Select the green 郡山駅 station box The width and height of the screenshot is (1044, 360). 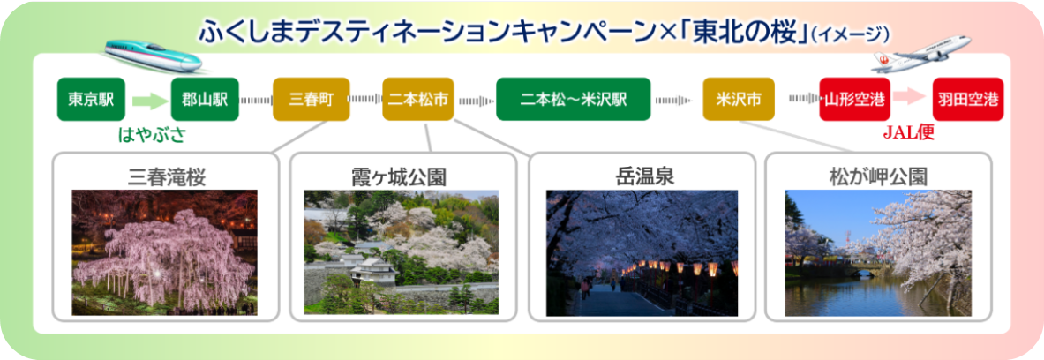[205, 100]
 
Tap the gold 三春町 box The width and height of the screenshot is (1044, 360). [311, 100]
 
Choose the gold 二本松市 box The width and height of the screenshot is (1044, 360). [418, 100]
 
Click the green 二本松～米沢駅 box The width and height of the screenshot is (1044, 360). [574, 100]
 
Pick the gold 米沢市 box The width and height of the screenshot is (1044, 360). [739, 100]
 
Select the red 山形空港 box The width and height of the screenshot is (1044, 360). [854, 100]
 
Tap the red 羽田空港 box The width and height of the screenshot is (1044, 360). [968, 100]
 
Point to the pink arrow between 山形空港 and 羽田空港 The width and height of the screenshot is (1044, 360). [911, 100]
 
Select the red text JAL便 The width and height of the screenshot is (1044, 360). [909, 134]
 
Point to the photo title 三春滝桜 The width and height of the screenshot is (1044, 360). [166, 176]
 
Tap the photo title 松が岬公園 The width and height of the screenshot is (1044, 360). [878, 176]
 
